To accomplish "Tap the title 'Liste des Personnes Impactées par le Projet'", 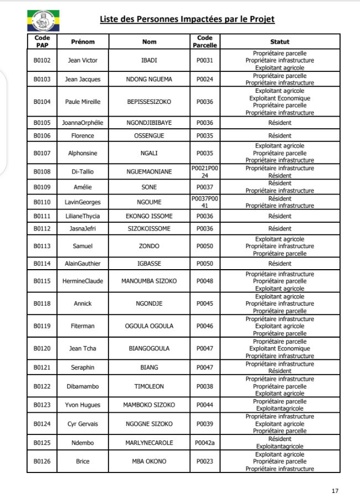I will coord(187,20).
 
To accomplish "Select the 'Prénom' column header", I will coord(83,41).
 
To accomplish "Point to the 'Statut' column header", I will coord(280,41).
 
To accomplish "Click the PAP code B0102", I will coord(42,60).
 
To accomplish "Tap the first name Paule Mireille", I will coord(83,102).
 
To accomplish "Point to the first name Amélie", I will coord(83,187).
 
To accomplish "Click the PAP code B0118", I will coord(42,303).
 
